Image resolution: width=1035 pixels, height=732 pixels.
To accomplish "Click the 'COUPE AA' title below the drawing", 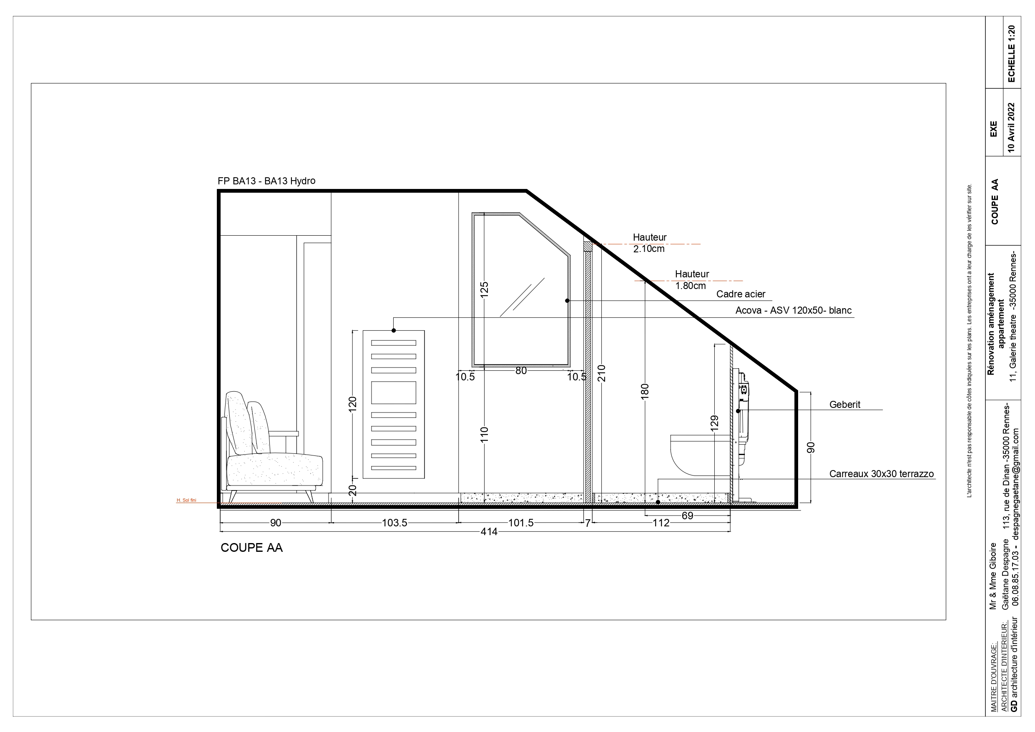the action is click(251, 548).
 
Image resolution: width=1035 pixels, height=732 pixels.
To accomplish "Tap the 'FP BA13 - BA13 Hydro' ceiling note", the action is click(266, 181).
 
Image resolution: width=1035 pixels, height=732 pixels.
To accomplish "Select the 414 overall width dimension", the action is click(489, 532).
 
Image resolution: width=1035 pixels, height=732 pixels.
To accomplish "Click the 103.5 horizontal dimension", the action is click(394, 523).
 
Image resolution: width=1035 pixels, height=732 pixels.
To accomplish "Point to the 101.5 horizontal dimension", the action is click(521, 523).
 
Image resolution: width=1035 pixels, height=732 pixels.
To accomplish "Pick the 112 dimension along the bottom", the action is click(661, 523).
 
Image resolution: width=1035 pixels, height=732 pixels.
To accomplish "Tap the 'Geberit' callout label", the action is click(845, 405).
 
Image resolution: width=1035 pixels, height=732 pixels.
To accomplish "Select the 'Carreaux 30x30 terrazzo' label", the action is click(881, 474).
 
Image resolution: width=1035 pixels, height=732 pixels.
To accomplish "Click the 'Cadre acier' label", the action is click(741, 294).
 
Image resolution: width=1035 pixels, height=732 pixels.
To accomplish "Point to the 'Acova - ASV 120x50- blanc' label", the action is click(794, 310).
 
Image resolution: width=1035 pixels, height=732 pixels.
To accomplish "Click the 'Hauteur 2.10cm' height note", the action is click(650, 243).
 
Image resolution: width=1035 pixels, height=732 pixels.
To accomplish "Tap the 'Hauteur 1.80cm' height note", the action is click(692, 279).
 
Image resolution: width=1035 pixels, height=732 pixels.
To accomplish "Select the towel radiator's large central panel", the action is click(394, 392).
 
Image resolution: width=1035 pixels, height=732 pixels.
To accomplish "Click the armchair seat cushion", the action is click(274, 470).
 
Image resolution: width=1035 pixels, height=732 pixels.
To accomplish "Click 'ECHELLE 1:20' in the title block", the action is click(1011, 54).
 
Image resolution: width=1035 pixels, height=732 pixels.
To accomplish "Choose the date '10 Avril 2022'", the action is click(1011, 128).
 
